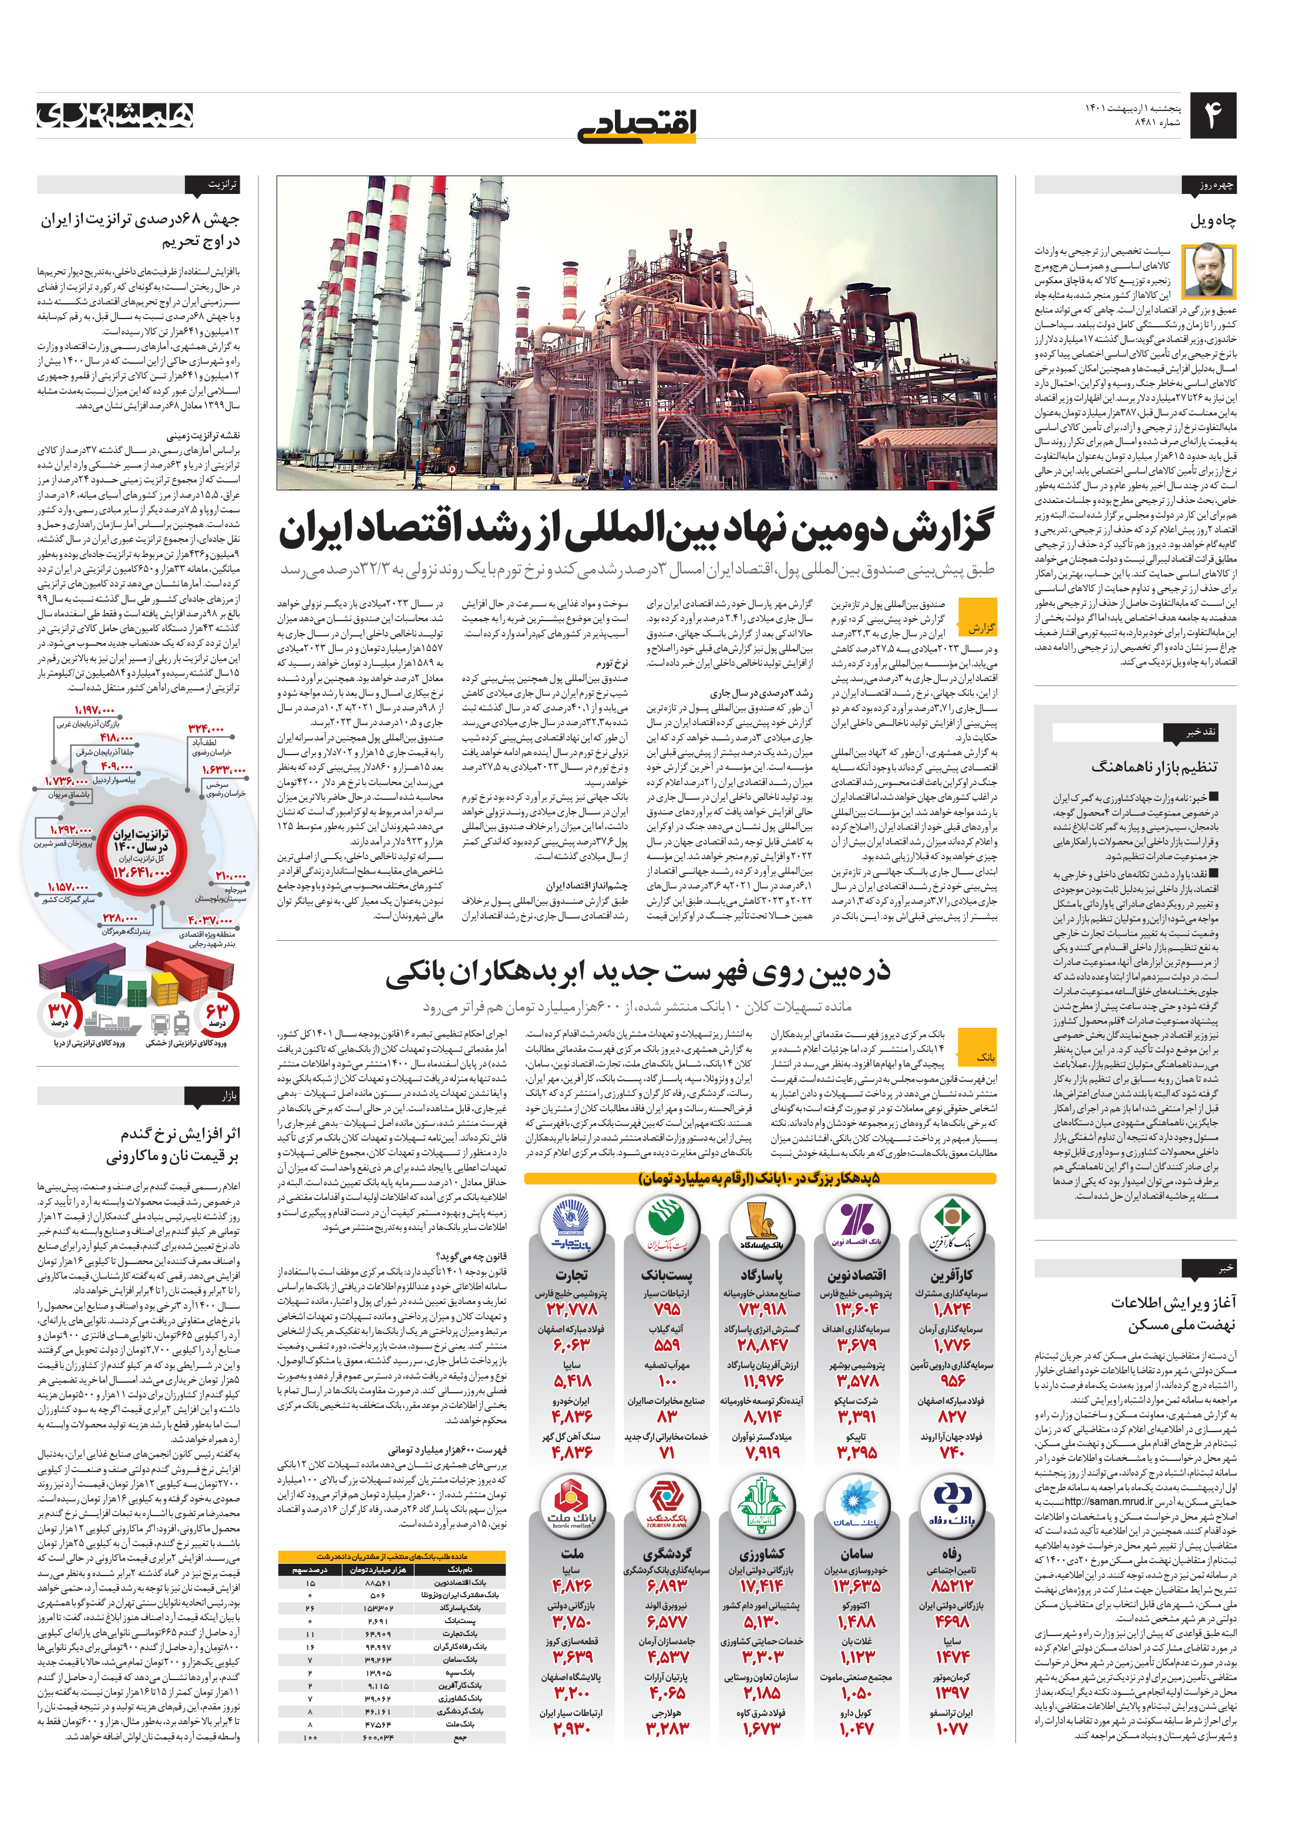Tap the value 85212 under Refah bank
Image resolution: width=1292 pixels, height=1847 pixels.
[951, 1585]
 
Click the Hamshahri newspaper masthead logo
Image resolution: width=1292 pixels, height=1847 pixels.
[115, 115]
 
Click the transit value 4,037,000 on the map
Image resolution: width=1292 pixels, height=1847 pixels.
[211, 919]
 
